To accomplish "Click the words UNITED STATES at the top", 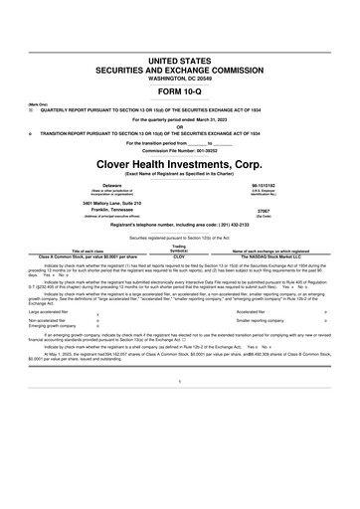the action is pos(180,62).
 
